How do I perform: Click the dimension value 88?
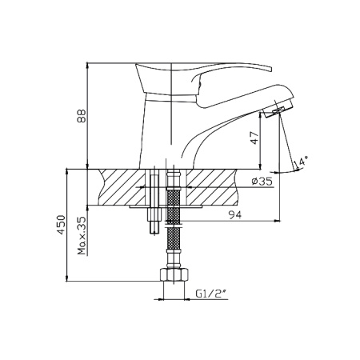pos(82,116)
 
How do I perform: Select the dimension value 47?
pos(255,138)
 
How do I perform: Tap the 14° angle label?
pos(301,162)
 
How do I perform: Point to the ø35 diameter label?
pos(262,182)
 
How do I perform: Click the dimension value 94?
pos(235,214)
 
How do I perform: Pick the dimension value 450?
pos(61,225)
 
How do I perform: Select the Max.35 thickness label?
pos(82,235)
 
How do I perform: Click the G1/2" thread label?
pos(211,294)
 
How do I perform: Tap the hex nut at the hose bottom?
pos(174,274)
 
